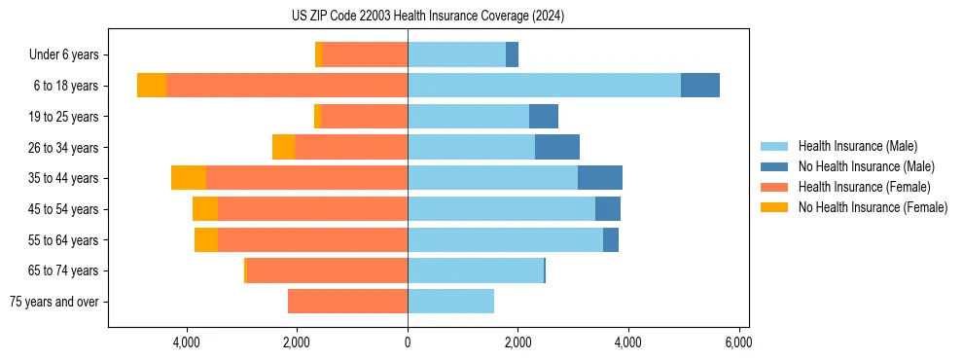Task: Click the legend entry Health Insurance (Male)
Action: (857, 146)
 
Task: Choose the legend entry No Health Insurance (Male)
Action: (866, 166)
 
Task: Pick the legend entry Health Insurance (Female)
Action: (864, 187)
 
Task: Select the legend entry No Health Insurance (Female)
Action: (872, 207)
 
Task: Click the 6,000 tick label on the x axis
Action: (738, 342)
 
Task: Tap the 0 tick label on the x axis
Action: (408, 342)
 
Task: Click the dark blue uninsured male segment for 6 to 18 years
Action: (700, 86)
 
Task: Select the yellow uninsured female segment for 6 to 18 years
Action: (152, 86)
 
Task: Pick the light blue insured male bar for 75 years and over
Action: (450, 302)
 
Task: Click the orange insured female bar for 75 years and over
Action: (347, 302)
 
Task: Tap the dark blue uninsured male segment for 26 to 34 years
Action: (557, 147)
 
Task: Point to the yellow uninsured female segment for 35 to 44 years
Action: (189, 178)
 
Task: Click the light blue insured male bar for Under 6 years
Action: (456, 54)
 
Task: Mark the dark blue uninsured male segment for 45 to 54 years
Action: (608, 209)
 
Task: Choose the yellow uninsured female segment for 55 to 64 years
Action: (206, 239)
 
